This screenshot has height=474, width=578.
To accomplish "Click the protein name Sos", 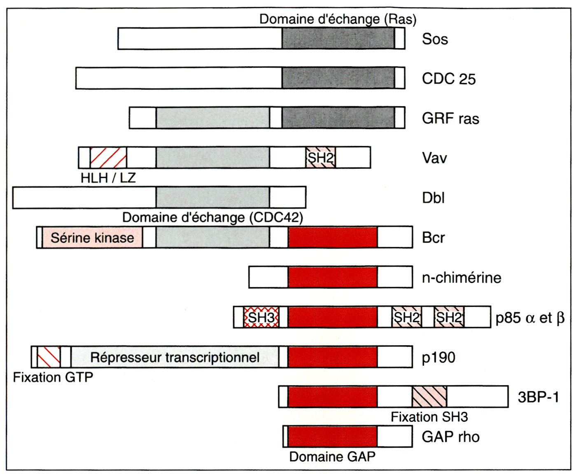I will click(x=435, y=39).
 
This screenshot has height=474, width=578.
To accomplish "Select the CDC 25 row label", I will click(x=449, y=79).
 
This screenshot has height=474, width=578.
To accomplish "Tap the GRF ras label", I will click(x=450, y=118).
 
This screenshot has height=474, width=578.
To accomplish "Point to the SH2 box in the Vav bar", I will click(x=321, y=158).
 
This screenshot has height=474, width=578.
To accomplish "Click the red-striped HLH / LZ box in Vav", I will click(x=108, y=158).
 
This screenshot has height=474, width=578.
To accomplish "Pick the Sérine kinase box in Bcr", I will click(x=92, y=237).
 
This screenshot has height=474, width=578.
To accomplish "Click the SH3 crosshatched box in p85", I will click(x=261, y=317).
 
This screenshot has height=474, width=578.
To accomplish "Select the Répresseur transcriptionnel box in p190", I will click(x=175, y=357).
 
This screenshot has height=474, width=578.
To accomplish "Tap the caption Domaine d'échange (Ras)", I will click(x=338, y=19).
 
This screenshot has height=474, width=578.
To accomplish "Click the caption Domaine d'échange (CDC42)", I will click(x=212, y=217).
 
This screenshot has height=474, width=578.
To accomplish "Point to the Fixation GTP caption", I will click(x=53, y=377).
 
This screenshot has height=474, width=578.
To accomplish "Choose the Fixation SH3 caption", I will click(x=429, y=417).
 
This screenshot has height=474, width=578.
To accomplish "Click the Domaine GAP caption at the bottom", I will click(x=332, y=456).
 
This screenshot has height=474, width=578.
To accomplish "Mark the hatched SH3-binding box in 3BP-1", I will click(x=429, y=397).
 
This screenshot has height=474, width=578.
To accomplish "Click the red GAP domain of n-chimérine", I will click(x=333, y=277).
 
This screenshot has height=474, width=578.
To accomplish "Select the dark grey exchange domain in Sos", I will click(x=338, y=39).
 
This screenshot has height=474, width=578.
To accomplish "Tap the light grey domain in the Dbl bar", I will click(x=213, y=197).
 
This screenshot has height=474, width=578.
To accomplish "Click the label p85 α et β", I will click(x=529, y=318).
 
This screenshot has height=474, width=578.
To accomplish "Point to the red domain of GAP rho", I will click(x=332, y=437).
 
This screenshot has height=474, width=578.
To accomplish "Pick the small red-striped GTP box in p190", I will click(x=49, y=357).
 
